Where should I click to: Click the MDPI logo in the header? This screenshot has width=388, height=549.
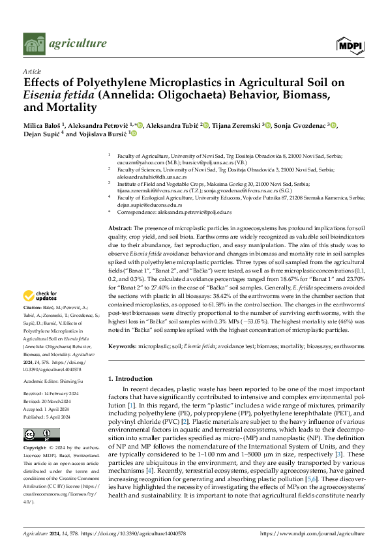point(350,44)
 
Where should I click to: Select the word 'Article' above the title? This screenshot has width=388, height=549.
point(31,70)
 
